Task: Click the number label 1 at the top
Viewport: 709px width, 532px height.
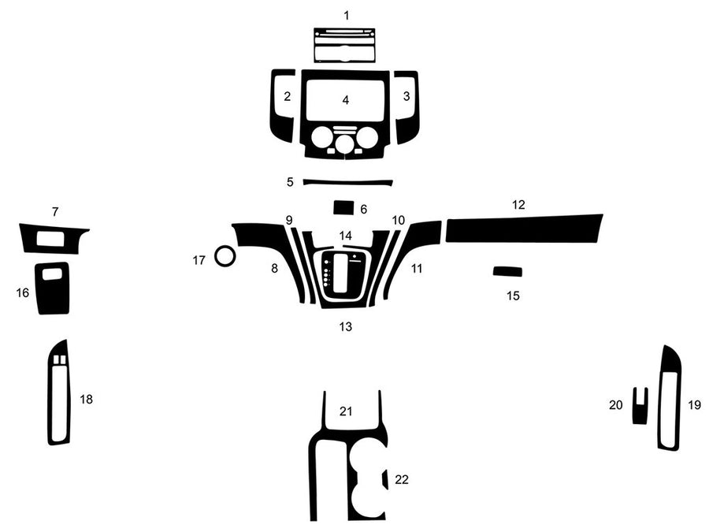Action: pos(346,15)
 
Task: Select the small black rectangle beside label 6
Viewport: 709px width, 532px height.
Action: pos(343,207)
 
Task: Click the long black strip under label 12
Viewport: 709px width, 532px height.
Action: pos(523,229)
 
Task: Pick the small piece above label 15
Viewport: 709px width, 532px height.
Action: pos(507,272)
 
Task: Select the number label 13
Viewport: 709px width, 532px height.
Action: pos(346,326)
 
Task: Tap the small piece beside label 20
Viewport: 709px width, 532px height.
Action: pos(640,410)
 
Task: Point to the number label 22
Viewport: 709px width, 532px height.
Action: pos(402,479)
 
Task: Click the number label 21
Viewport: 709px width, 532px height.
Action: pos(346,411)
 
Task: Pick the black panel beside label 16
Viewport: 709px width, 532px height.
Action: pos(53,294)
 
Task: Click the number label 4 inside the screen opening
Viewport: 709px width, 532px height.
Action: pos(346,100)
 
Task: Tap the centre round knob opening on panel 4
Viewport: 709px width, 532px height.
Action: pos(344,143)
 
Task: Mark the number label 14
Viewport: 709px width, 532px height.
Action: pos(346,236)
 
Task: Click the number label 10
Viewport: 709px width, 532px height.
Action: pos(398,220)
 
